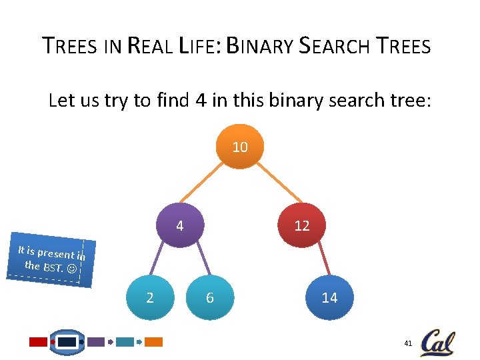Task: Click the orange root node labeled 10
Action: pos(240,147)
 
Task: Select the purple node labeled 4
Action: pos(180,226)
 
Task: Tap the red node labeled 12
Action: pos(302,226)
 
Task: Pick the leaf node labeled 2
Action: pos(149,297)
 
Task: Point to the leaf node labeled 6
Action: pos(210,297)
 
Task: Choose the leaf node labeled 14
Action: pos(329,297)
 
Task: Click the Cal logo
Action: pos(437,342)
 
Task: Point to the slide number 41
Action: pos(409,343)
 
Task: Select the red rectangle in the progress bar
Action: pos(38,342)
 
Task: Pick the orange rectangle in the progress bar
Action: pos(154,342)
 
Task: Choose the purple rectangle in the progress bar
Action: pos(96,342)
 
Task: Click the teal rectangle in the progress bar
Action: pos(125,342)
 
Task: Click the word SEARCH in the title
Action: pos(335,47)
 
